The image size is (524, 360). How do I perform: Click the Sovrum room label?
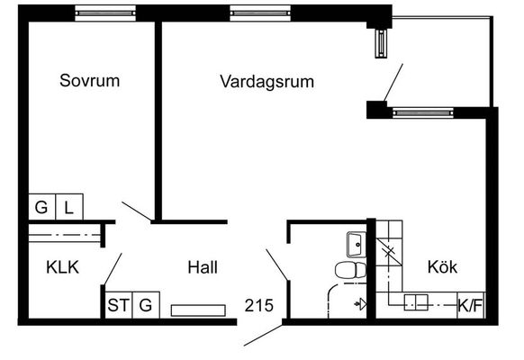89,80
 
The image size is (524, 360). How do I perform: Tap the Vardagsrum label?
267,82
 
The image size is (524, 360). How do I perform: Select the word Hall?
203,267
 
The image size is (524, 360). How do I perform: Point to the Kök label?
442,266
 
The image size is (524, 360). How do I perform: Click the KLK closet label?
62,267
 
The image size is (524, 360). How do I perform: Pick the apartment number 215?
259,305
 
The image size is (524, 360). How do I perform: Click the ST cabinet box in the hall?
119,305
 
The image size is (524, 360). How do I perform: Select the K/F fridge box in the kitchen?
471,305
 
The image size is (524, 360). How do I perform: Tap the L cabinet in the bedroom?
69,207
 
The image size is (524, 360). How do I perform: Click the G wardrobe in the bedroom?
42,207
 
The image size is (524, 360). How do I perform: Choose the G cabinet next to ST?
146,305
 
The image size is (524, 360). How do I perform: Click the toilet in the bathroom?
350,270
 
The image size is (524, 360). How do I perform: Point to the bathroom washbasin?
357,245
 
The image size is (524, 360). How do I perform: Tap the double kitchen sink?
416,302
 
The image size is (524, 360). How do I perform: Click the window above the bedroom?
105,13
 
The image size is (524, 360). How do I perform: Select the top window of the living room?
260,13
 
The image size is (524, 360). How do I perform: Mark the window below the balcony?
423,112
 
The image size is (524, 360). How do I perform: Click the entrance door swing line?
263,335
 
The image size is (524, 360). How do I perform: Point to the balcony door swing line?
393,82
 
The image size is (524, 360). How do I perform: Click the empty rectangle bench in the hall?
198,310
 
